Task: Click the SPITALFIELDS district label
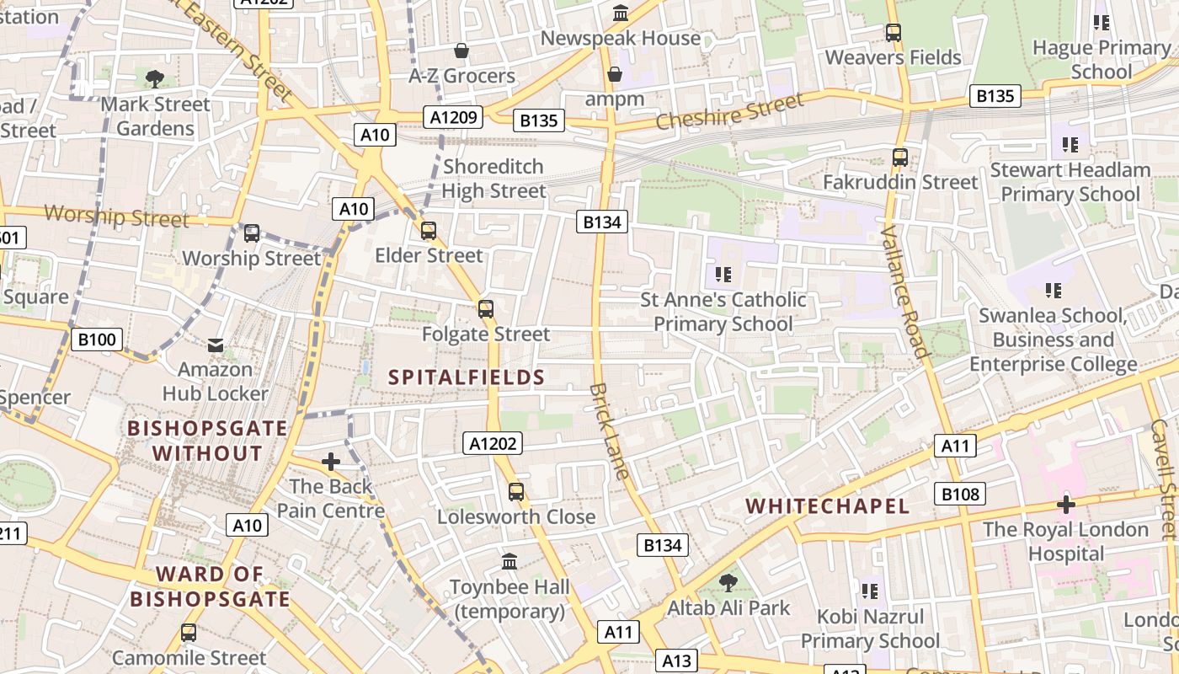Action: [467, 377]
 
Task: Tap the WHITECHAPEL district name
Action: [828, 505]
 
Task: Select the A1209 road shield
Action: [454, 117]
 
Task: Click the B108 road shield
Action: [959, 494]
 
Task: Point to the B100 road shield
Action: [97, 340]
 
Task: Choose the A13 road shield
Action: [677, 661]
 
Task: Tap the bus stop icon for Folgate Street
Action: [486, 309]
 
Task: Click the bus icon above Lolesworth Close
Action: [516, 492]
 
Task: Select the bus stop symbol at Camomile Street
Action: [189, 633]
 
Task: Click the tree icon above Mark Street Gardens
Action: [154, 79]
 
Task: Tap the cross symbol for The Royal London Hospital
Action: [1066, 505]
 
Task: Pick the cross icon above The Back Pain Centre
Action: [331, 462]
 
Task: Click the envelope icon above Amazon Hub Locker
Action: [216, 345]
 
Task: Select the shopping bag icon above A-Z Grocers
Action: [461, 51]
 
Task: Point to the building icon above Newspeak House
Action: [622, 13]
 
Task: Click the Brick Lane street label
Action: [610, 431]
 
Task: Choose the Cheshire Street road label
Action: [729, 112]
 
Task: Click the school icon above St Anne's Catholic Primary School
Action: [723, 275]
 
